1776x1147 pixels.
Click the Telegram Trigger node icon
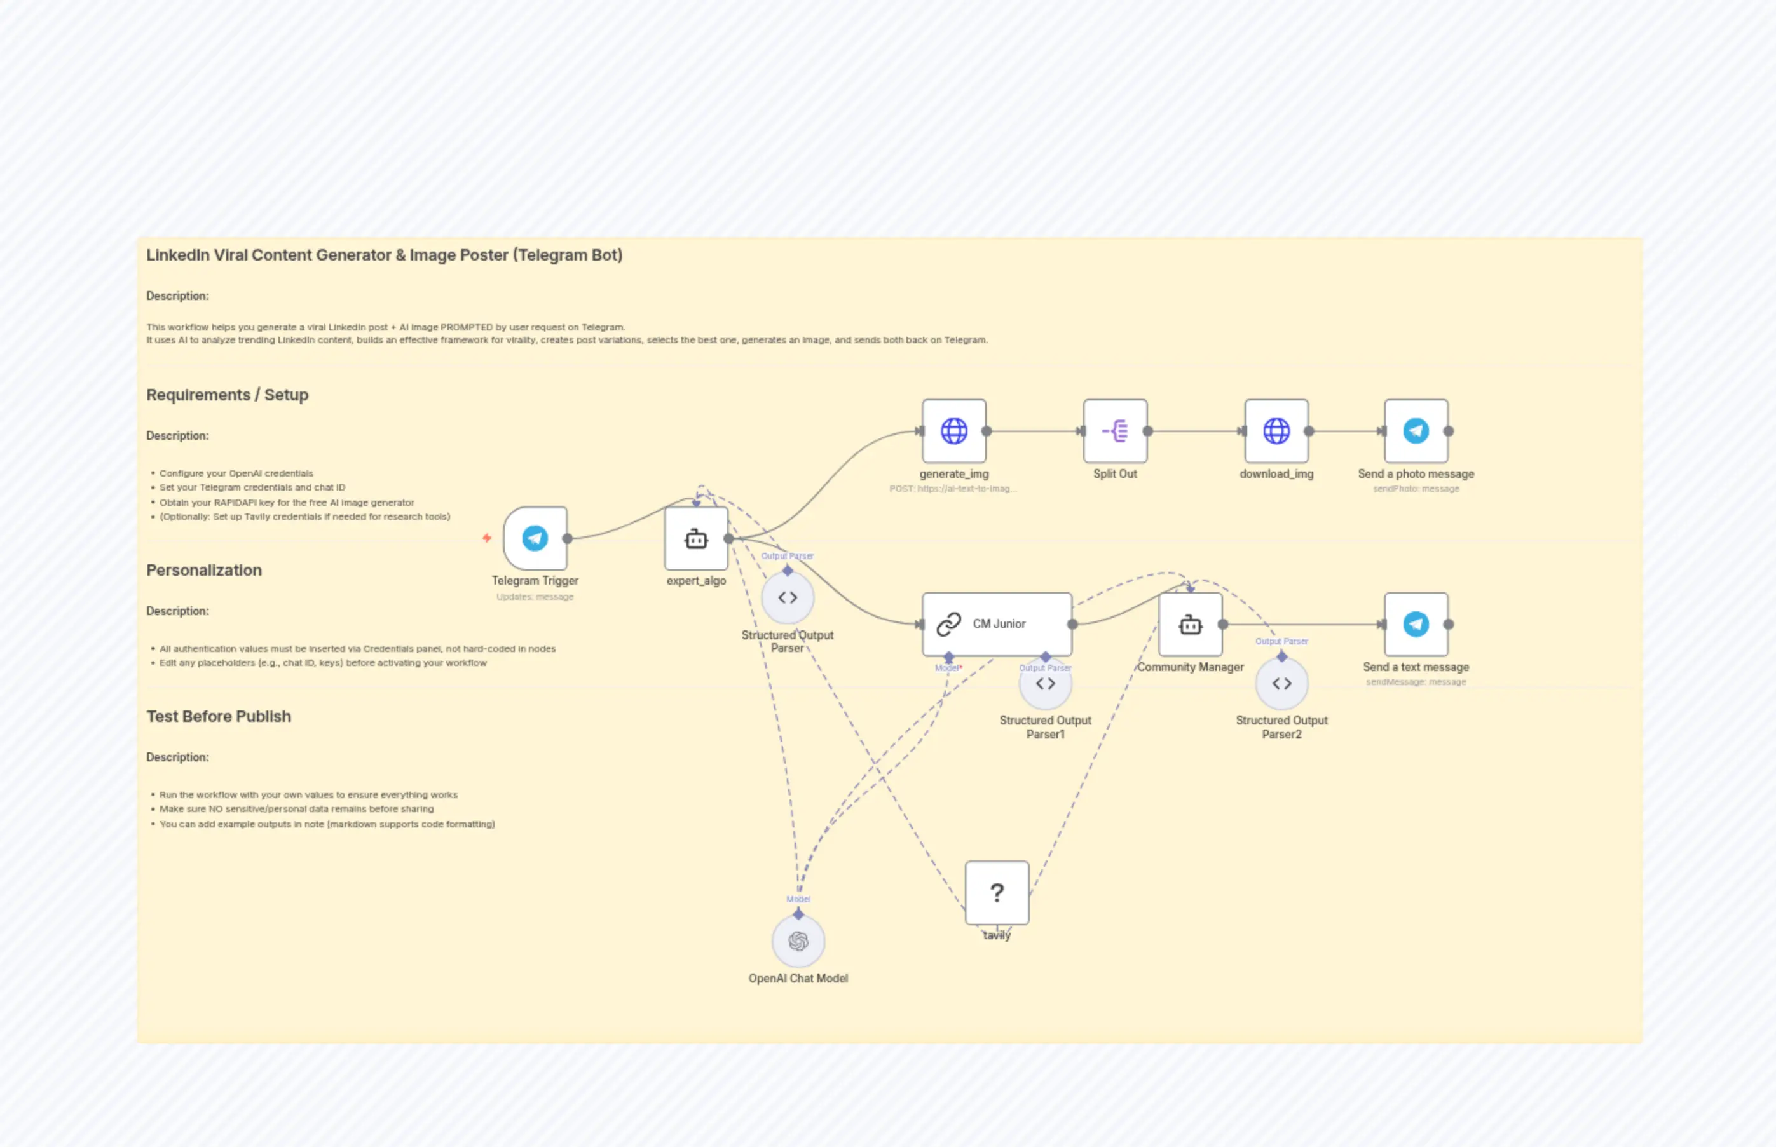click(535, 538)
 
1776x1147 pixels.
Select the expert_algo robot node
click(696, 538)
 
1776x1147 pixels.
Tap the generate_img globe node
click(953, 430)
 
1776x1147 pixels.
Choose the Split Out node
click(1114, 430)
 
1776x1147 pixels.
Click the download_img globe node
click(1276, 430)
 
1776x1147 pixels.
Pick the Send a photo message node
click(1416, 430)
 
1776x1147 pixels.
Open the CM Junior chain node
click(997, 624)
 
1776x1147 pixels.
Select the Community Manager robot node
click(1190, 624)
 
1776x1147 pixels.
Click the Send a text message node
click(1416, 624)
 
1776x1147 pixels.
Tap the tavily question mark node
click(997, 892)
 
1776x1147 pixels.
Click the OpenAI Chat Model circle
click(798, 942)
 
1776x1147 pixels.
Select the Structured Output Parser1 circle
click(1045, 684)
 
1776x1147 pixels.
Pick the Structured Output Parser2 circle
click(1281, 684)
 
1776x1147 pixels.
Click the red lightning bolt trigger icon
click(486, 538)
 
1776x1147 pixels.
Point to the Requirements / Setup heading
click(227, 395)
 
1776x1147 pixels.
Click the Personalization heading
click(204, 571)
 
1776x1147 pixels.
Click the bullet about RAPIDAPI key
click(287, 503)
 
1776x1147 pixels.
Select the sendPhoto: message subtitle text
click(1416, 489)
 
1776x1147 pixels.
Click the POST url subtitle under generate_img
click(953, 489)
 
